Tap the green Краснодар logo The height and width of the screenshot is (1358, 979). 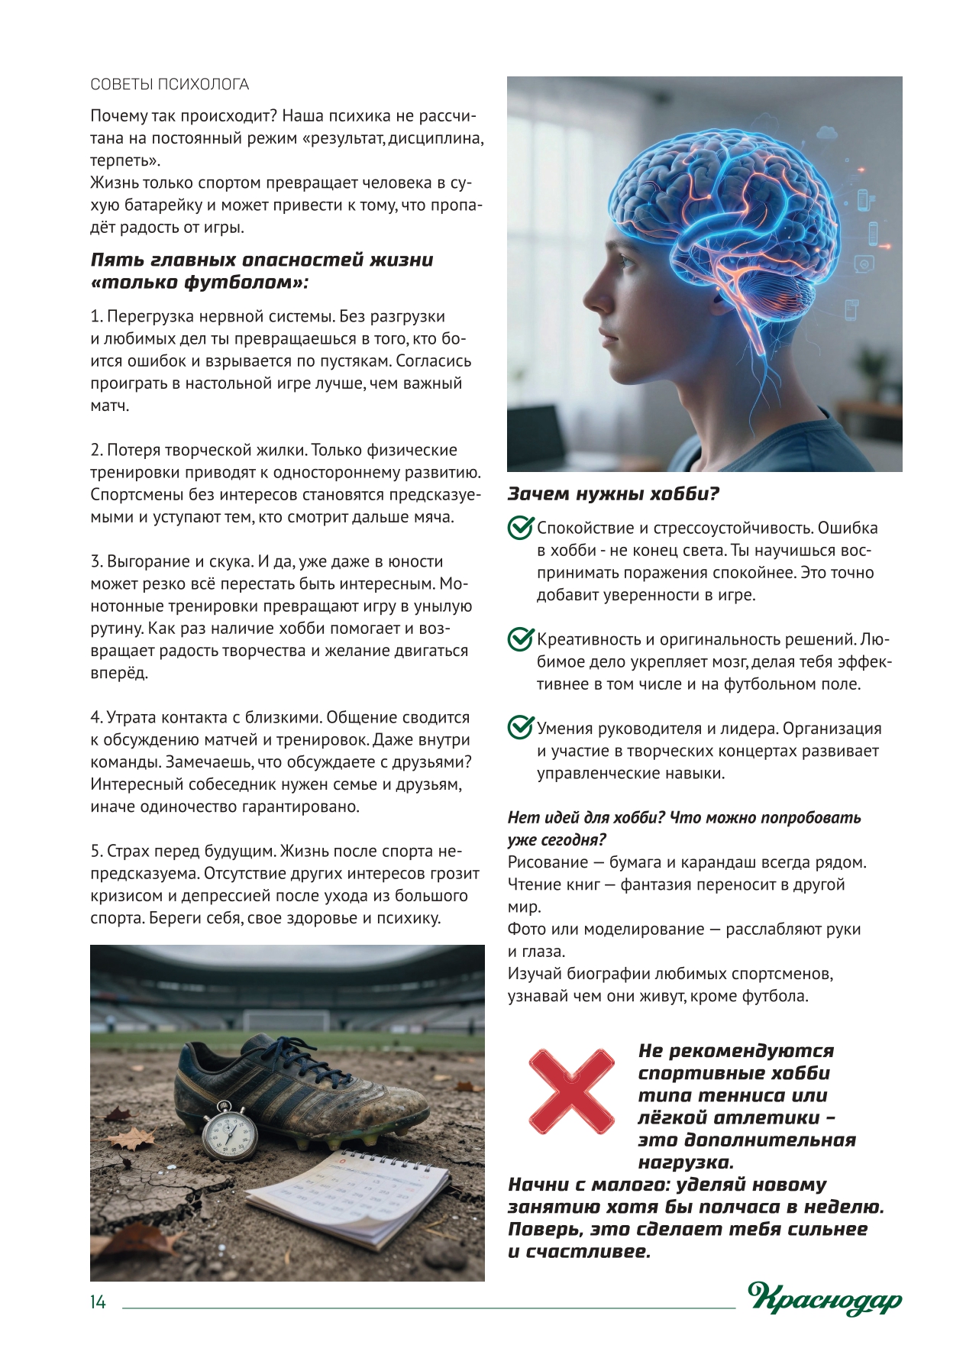click(x=825, y=1298)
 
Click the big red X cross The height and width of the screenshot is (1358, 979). click(x=571, y=1091)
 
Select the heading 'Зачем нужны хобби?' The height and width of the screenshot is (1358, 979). click(x=613, y=494)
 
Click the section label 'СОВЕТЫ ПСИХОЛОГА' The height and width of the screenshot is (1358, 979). click(x=170, y=85)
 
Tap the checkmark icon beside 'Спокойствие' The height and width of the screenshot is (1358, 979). click(x=520, y=528)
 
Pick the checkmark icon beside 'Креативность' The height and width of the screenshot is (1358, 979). click(x=520, y=639)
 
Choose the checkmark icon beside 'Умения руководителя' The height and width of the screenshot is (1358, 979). click(x=520, y=728)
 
